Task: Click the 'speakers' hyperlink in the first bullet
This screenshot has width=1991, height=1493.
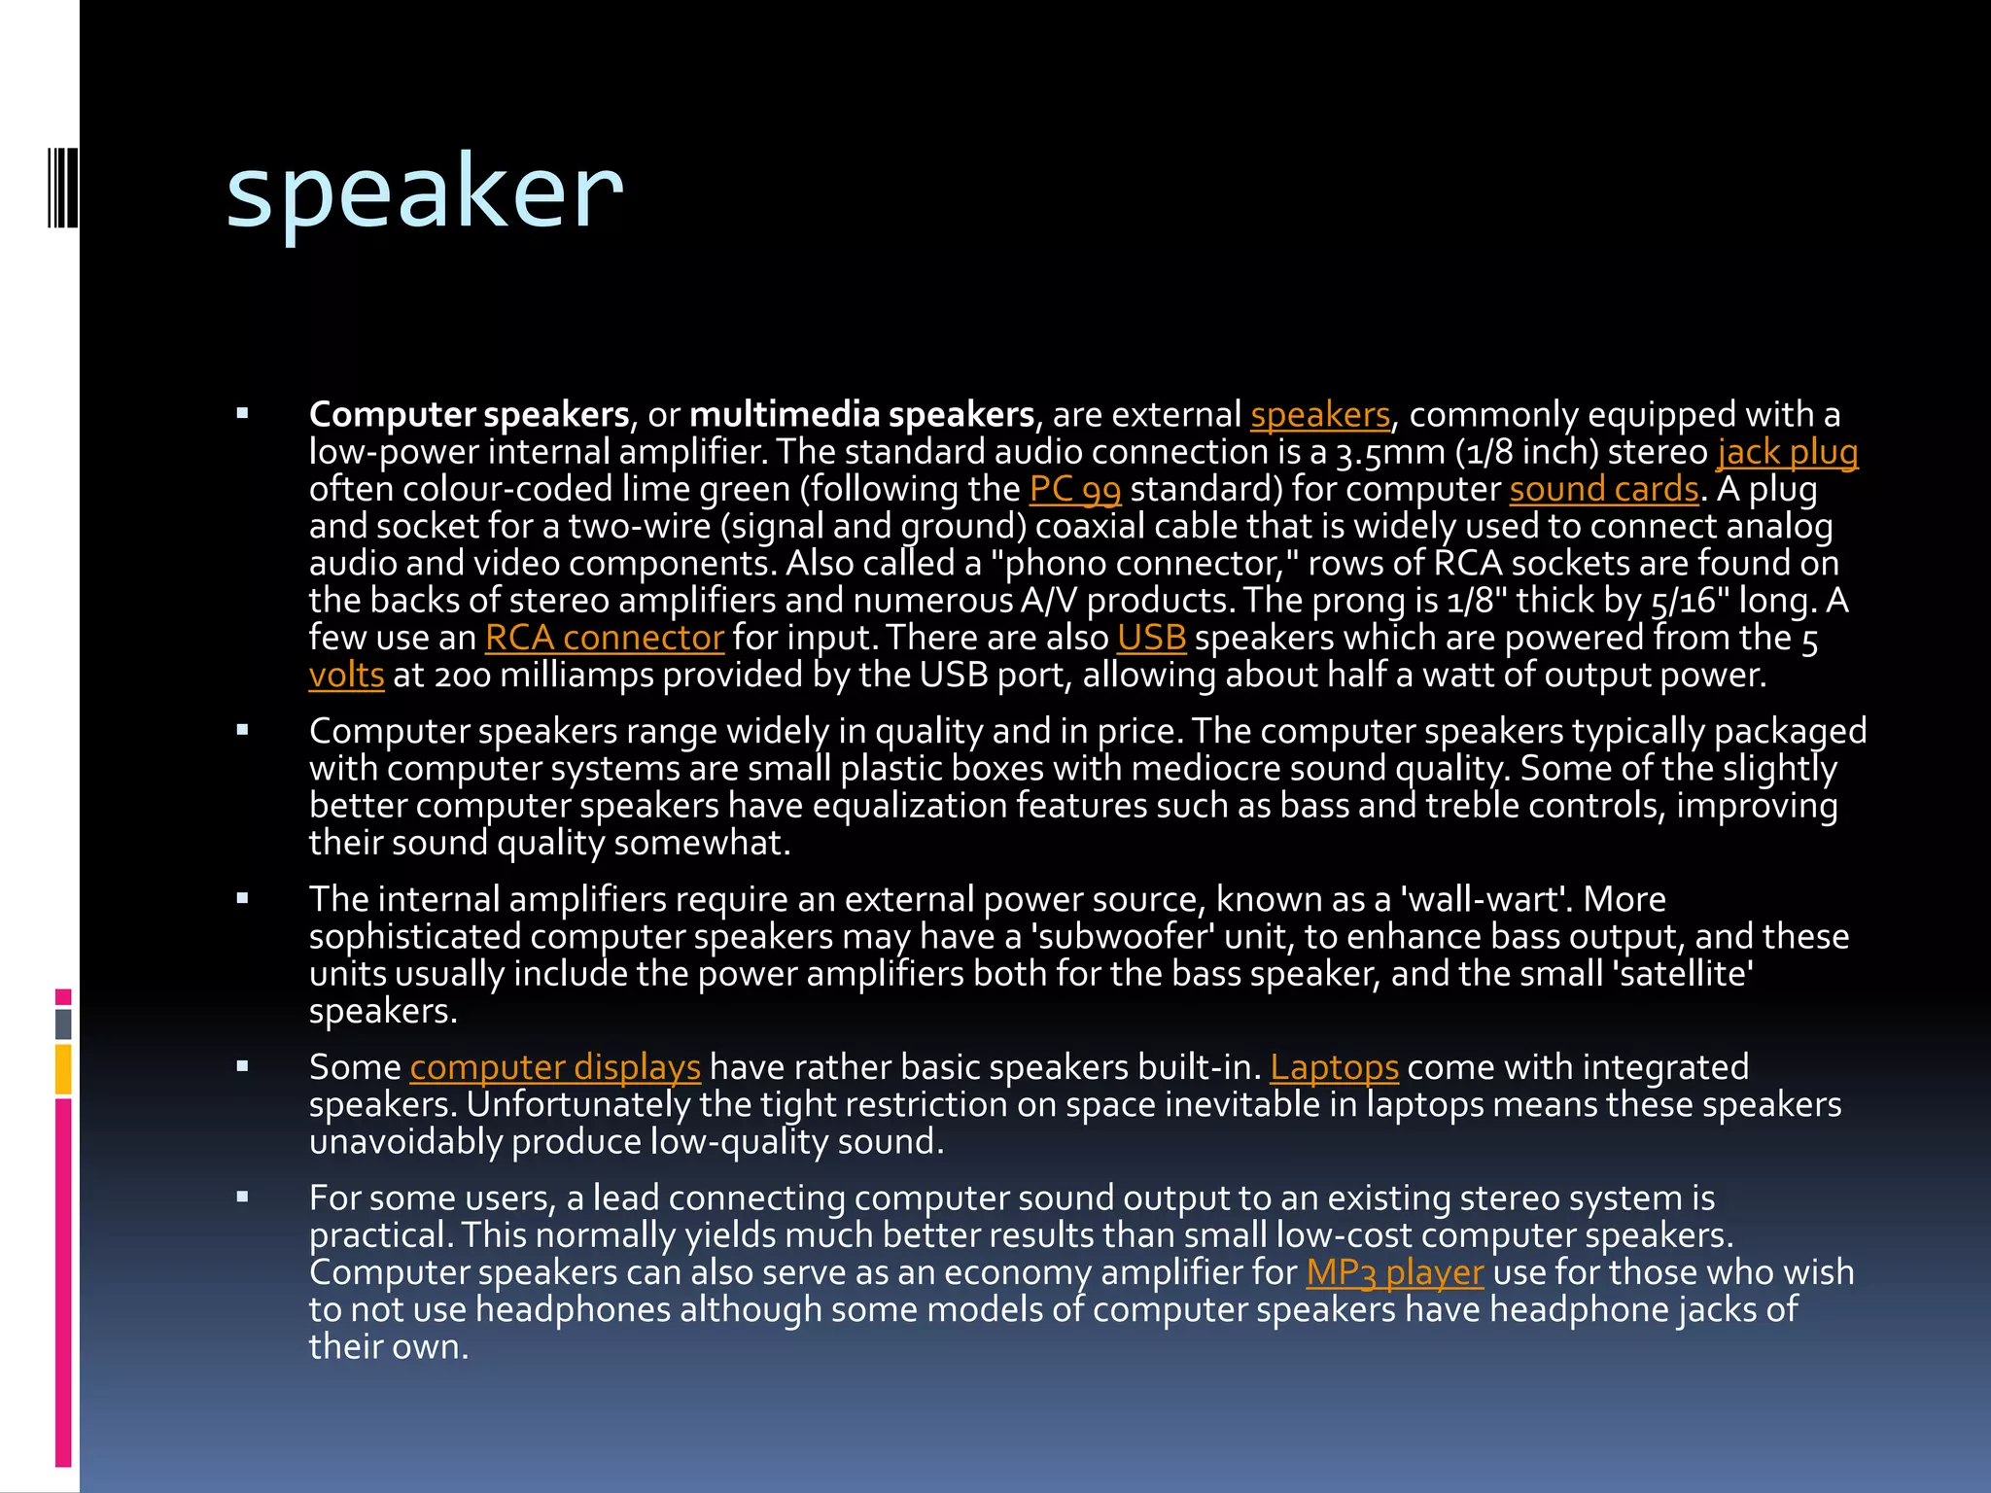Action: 1319,415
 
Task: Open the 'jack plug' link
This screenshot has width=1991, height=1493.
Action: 1787,452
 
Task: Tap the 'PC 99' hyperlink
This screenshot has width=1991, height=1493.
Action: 1074,489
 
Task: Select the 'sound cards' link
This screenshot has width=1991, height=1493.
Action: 1603,489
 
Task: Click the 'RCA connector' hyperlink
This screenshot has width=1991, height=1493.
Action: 604,638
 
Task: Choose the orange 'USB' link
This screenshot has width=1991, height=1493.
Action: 1151,638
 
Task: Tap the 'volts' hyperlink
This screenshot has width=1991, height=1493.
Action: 346,675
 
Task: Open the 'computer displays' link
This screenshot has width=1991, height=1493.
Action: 554,1067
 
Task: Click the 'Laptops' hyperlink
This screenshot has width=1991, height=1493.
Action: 1334,1067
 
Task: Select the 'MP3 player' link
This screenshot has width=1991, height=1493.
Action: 1394,1272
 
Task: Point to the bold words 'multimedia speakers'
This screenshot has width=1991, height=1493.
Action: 861,415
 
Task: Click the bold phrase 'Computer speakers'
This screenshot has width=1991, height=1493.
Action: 470,415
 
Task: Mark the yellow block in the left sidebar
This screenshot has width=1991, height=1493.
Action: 63,1069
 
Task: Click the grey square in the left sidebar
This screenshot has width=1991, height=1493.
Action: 63,1024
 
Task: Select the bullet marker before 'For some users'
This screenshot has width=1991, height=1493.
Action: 242,1198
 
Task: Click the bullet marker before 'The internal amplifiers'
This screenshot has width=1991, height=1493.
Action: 242,899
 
